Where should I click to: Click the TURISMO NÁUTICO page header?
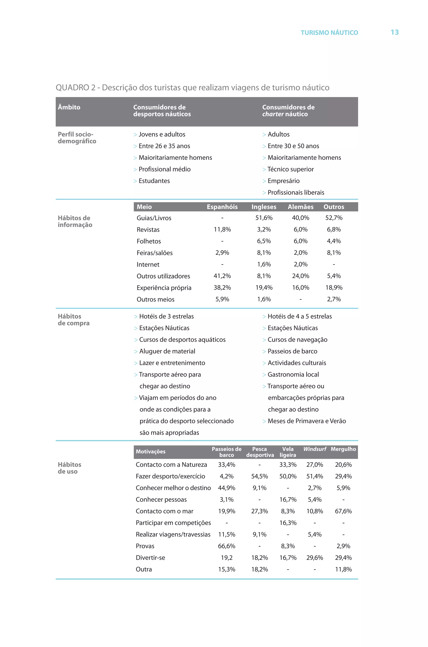(x=329, y=33)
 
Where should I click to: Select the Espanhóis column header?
(x=222, y=207)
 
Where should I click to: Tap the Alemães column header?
(x=301, y=207)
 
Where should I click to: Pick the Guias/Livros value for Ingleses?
(x=264, y=218)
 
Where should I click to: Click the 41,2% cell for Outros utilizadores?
(x=222, y=276)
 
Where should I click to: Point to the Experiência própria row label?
(x=164, y=288)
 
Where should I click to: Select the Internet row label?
(x=148, y=265)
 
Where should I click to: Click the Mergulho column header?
(x=343, y=449)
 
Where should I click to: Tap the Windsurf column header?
(x=315, y=449)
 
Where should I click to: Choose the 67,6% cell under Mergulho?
(x=343, y=511)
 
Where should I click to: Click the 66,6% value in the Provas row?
(x=227, y=546)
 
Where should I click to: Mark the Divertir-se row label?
(x=150, y=558)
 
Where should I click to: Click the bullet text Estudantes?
(x=154, y=181)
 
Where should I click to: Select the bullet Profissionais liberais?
(x=296, y=193)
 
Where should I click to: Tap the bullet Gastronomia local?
(x=293, y=374)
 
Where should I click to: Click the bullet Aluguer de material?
(x=167, y=351)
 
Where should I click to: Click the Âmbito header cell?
(x=69, y=107)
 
